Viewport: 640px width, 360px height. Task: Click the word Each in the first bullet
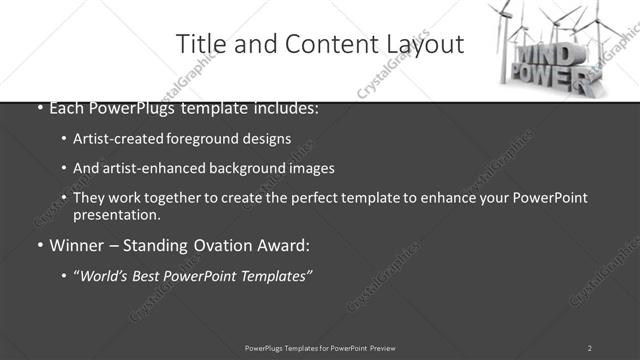point(66,108)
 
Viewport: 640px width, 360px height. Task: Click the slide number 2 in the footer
point(589,348)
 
